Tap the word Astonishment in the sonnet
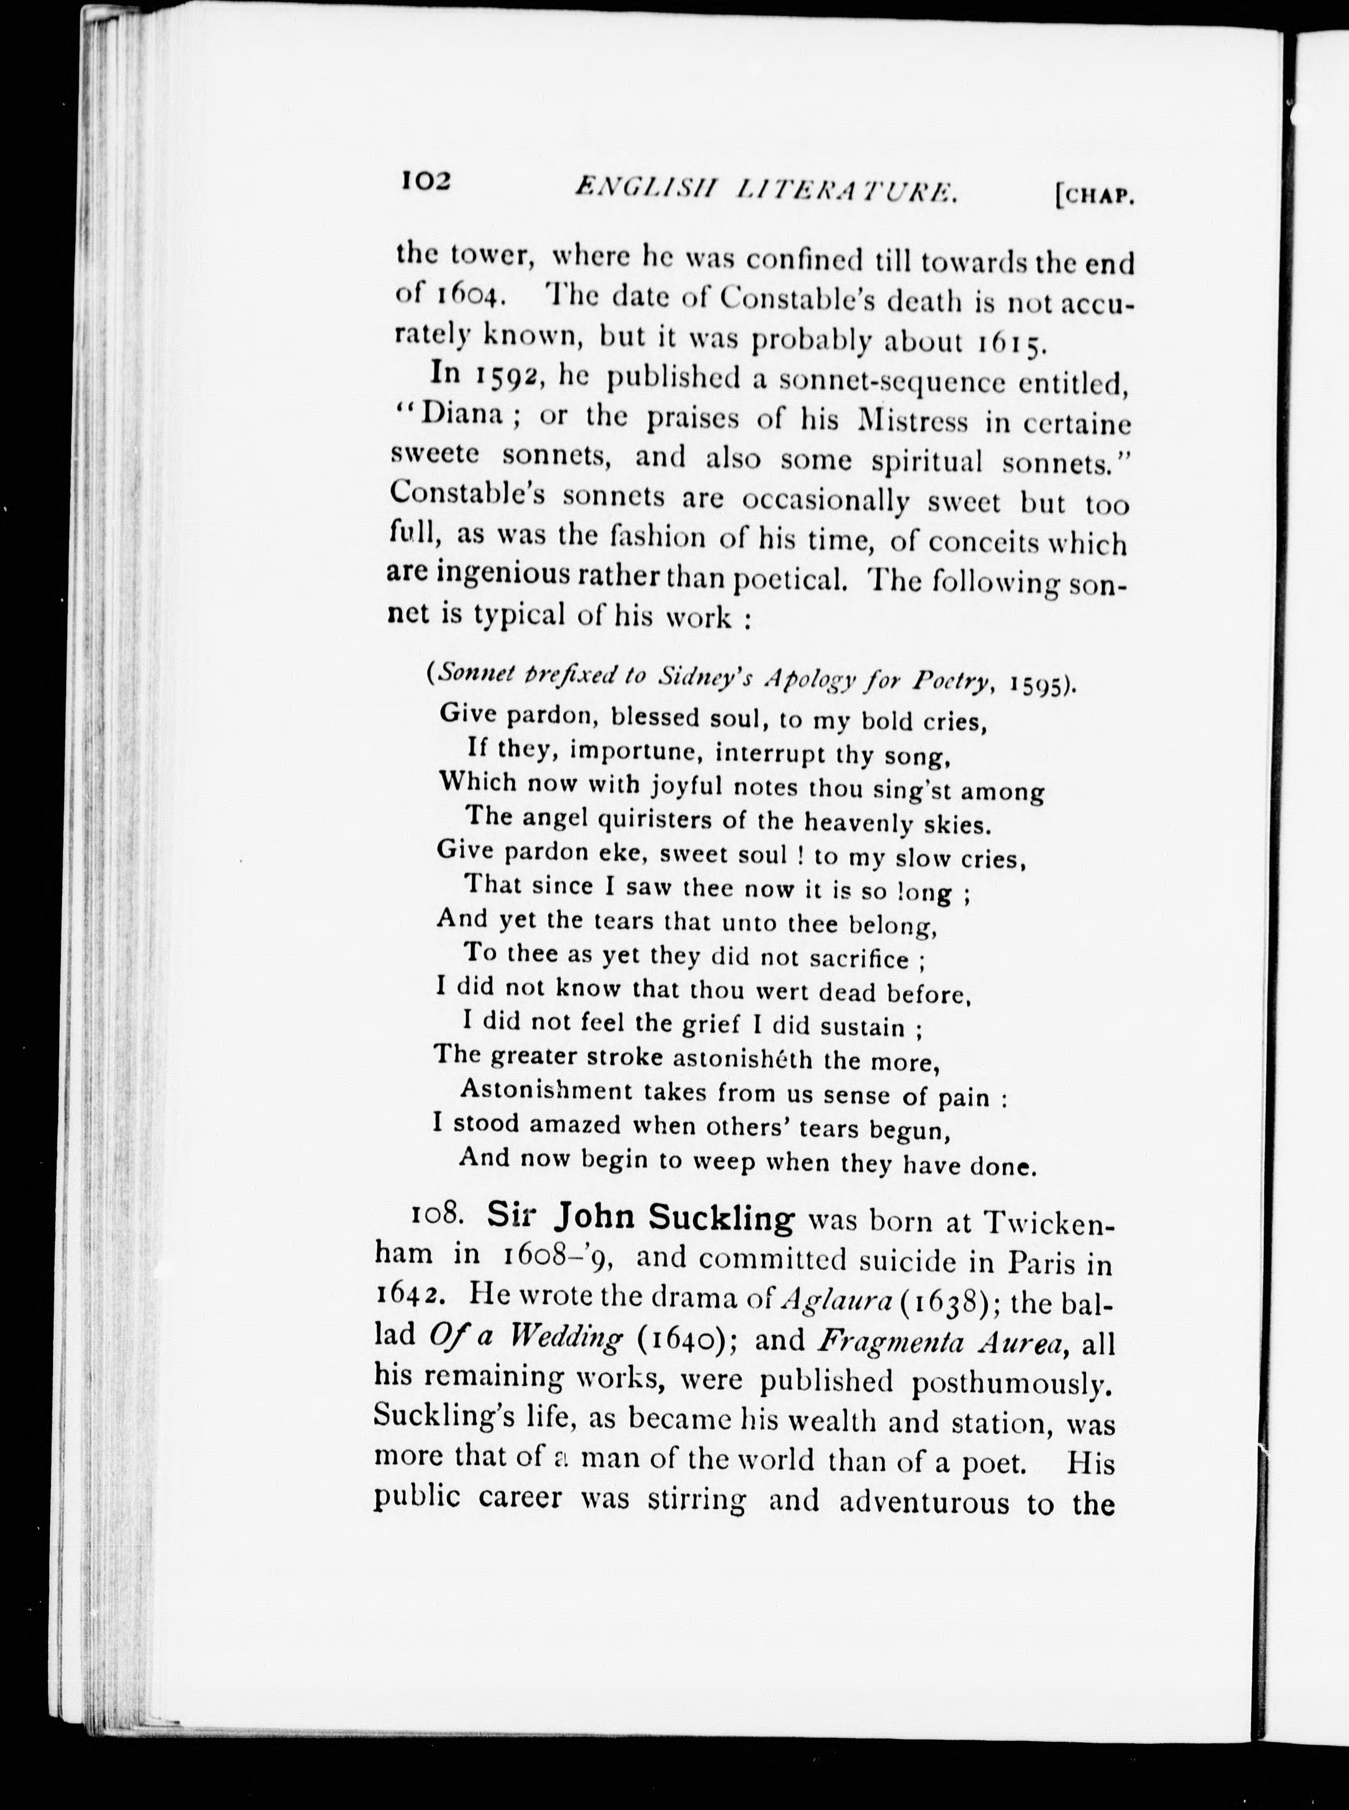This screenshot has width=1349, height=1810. pyautogui.click(x=546, y=1091)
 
